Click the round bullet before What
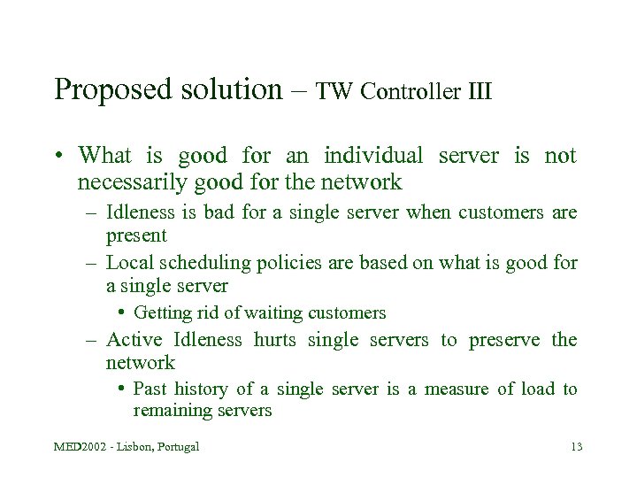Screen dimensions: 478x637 [x=58, y=157]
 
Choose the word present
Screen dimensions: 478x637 [x=136, y=236]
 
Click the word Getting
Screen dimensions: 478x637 [x=160, y=312]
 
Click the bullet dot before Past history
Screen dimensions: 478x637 [x=123, y=389]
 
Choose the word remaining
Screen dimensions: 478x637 [x=170, y=411]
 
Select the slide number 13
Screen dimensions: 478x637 [x=576, y=447]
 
